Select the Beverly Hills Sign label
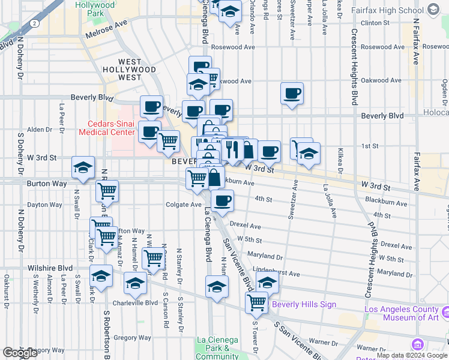304,304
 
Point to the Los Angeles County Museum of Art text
402,314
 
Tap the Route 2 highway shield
35,23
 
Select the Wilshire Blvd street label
50,268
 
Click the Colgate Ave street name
184,204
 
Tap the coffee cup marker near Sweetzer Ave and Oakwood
292,93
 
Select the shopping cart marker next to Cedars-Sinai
168,141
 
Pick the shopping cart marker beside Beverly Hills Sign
256,302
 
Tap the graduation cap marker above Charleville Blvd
136,283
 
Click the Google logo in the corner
20,353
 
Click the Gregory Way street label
132,338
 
